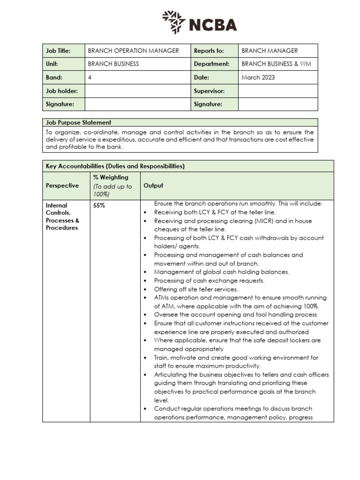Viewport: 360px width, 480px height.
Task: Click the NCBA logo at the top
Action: pos(200,22)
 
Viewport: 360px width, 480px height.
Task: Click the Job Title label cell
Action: pos(58,51)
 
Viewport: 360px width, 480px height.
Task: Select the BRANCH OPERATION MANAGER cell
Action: pos(134,51)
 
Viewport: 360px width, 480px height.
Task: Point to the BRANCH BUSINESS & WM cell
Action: pos(276,64)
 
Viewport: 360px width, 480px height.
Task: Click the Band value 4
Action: pos(90,77)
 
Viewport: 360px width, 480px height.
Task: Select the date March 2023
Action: pos(258,77)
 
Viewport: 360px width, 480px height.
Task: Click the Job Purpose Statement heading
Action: pos(78,122)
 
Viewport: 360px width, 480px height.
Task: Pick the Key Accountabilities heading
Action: pos(115,166)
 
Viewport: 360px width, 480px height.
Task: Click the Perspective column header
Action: pos(62,186)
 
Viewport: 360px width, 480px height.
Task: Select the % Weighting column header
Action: pos(111,177)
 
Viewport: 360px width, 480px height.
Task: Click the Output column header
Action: pos(153,186)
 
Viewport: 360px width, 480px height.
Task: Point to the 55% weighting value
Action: pos(99,205)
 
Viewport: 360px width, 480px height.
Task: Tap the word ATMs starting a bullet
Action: pos(162,298)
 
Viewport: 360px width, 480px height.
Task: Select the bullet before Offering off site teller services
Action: pos(146,289)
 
